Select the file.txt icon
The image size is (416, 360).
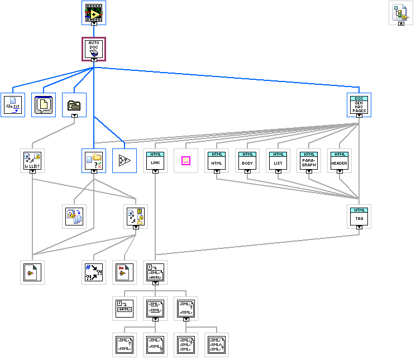click(x=12, y=104)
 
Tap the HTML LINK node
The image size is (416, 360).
click(x=155, y=160)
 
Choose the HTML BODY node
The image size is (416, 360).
click(x=247, y=160)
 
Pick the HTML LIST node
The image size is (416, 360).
click(x=278, y=160)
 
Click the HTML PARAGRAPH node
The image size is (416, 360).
click(x=309, y=160)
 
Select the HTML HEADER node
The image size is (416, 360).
click(x=340, y=160)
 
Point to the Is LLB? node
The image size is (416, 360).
click(x=32, y=160)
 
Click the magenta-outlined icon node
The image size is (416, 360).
click(x=186, y=160)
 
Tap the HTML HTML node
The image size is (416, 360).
click(x=217, y=160)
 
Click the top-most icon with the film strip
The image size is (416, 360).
click(x=94, y=11)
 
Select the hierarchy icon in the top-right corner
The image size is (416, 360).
click(x=400, y=12)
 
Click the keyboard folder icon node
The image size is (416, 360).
click(x=74, y=104)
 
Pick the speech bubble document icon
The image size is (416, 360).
click(x=43, y=104)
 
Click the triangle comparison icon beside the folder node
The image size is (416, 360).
click(x=125, y=160)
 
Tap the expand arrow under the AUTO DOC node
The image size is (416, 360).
click(x=94, y=59)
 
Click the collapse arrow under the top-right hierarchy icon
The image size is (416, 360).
click(x=400, y=24)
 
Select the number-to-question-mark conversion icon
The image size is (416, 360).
click(x=94, y=272)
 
